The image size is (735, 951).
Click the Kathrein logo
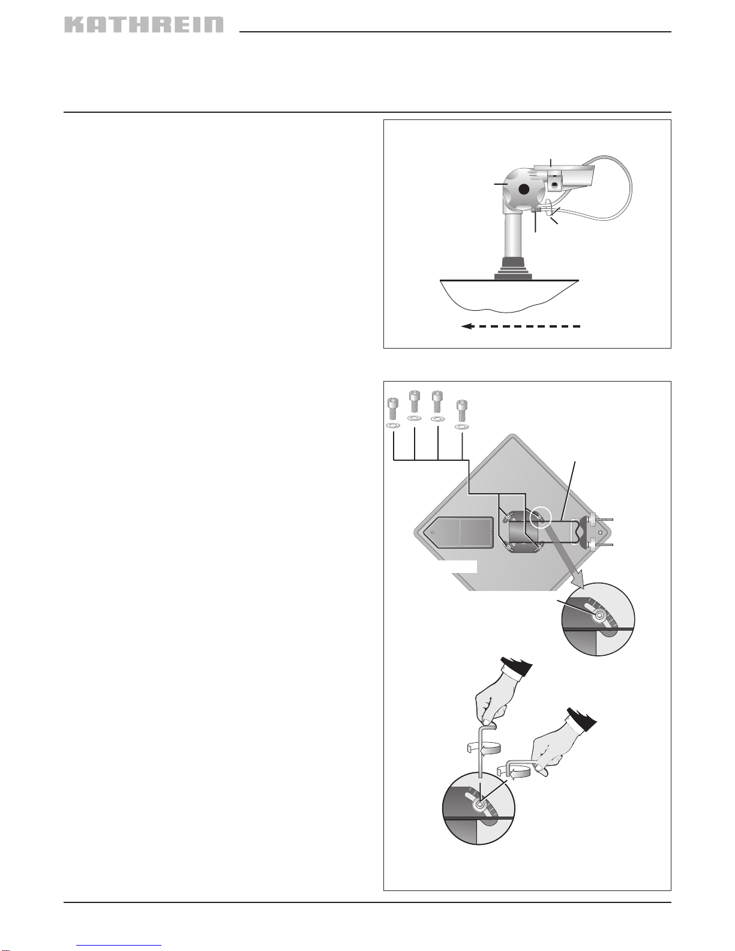click(x=144, y=25)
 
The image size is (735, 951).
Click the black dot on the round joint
click(x=524, y=190)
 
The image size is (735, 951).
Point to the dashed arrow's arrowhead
click(x=467, y=326)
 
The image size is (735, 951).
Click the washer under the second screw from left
click(x=414, y=419)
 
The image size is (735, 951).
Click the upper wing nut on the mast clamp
click(x=592, y=519)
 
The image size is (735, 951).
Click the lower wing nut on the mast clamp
click(x=592, y=544)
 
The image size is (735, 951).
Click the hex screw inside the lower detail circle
click(x=480, y=805)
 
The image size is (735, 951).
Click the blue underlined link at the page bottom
click(x=119, y=945)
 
